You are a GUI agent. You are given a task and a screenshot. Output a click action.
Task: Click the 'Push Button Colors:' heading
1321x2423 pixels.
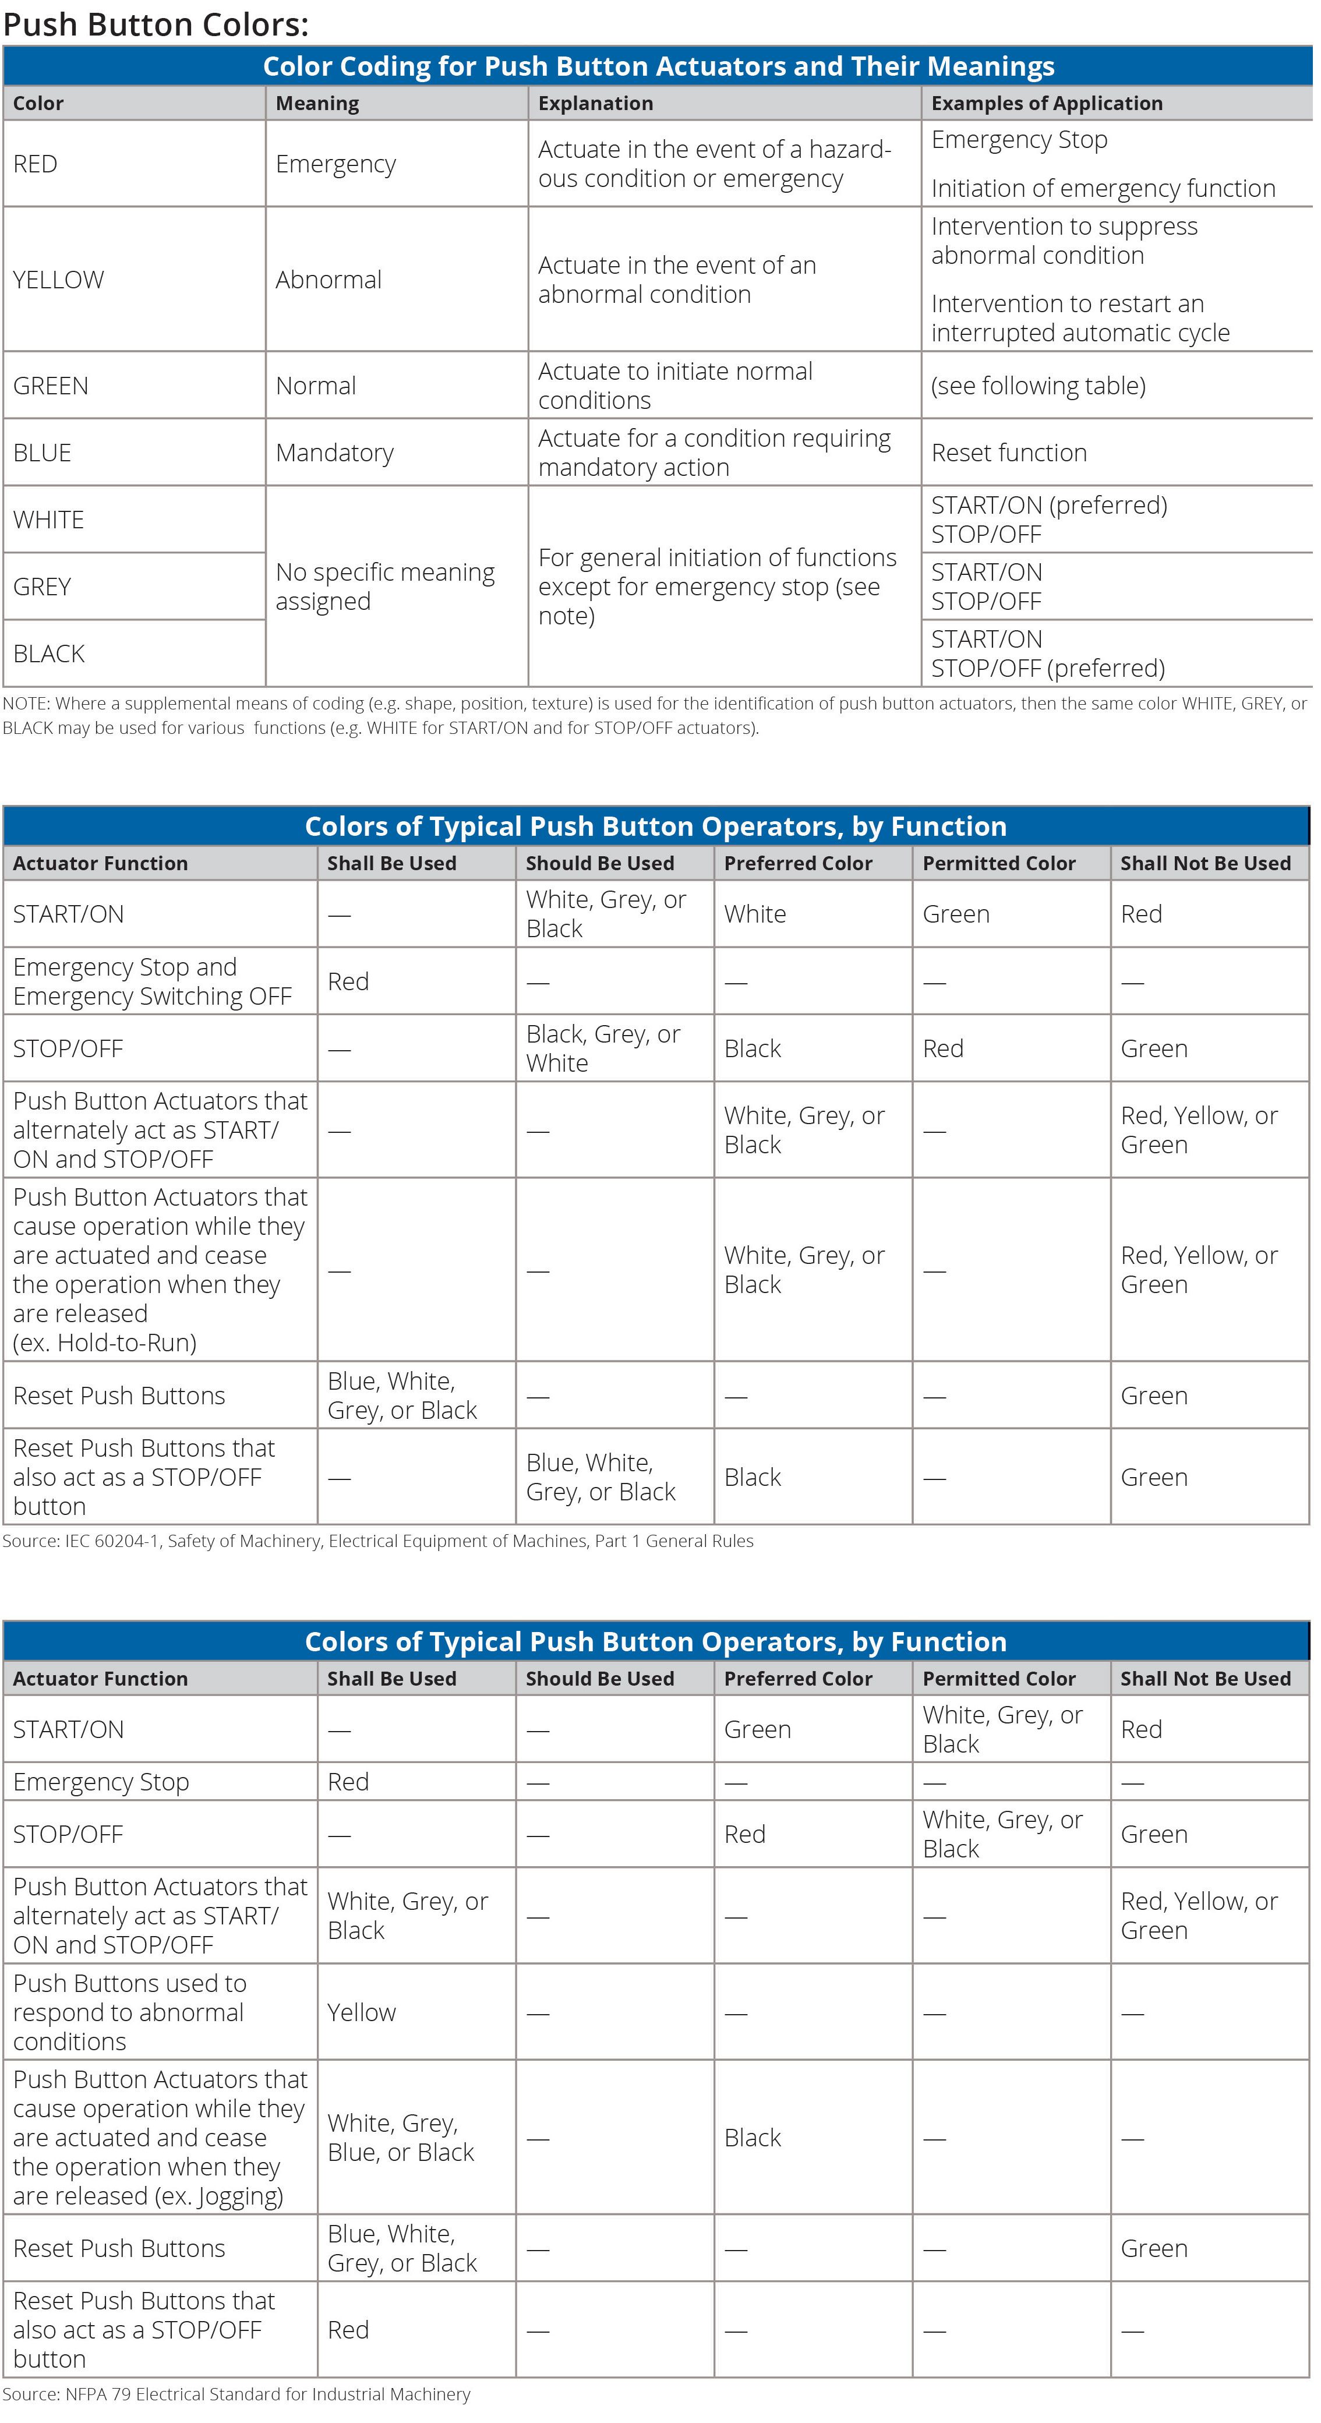[x=156, y=24]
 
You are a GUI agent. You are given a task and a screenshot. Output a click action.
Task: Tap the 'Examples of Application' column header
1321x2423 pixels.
[x=1046, y=104]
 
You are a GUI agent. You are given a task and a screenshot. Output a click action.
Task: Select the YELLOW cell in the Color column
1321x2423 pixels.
[x=58, y=280]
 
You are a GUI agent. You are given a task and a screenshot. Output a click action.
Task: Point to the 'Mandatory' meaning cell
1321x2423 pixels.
[x=334, y=453]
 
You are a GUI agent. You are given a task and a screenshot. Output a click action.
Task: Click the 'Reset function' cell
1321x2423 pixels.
[x=1009, y=453]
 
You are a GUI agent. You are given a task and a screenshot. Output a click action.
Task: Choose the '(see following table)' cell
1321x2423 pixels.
[x=1038, y=386]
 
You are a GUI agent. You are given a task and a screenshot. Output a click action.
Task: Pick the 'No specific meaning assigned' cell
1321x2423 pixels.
[x=385, y=586]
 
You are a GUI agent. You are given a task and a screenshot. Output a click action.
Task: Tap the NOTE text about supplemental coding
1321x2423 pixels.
[x=654, y=715]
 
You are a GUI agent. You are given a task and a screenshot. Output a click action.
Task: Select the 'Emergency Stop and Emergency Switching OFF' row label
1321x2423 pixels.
[x=153, y=981]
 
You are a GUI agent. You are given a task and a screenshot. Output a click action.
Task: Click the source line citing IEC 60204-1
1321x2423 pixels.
[x=378, y=1541]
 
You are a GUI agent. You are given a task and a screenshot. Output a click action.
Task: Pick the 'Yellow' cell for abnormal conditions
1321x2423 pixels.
[x=361, y=2012]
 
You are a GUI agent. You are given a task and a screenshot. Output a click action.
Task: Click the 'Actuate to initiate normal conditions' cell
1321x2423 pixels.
[x=674, y=386]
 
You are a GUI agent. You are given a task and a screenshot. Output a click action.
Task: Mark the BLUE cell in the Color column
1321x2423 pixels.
[x=43, y=453]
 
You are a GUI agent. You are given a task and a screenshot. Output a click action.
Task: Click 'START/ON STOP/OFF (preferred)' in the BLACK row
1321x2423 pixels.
[x=1047, y=654]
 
